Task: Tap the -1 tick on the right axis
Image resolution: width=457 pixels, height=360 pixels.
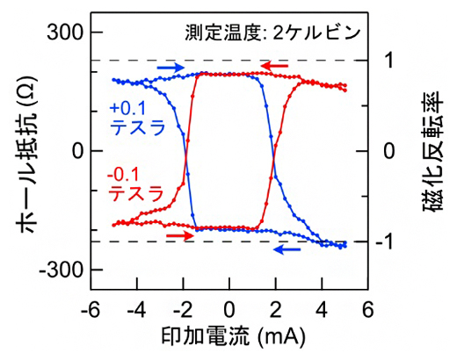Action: [392, 241]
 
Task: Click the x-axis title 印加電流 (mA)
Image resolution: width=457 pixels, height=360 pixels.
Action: [229, 338]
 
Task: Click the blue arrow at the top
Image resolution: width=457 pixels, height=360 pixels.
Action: [171, 67]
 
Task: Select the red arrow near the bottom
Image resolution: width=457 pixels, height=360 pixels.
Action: [178, 235]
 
